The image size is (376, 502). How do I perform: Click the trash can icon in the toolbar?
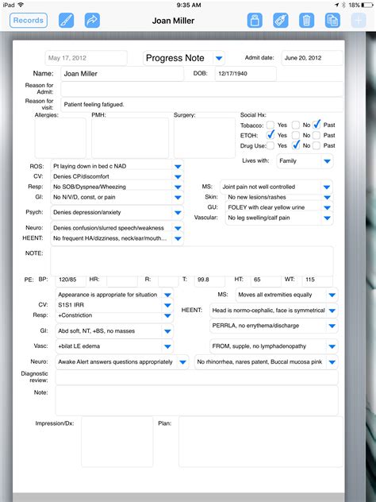coord(305,21)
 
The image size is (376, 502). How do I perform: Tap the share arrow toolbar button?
coord(93,21)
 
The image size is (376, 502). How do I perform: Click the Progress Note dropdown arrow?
coord(219,58)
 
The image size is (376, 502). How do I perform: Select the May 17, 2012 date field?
coord(86,58)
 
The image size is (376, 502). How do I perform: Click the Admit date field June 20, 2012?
coord(313,58)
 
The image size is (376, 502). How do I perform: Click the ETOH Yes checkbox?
coord(270,135)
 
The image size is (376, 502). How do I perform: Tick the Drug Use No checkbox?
coord(295,145)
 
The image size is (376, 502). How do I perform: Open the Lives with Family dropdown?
coord(305,161)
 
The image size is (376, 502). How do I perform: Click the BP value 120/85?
coord(69,280)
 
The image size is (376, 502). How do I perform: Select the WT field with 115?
coord(317,280)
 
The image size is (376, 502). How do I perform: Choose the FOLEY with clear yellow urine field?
coord(270,207)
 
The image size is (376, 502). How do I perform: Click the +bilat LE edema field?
coord(107,346)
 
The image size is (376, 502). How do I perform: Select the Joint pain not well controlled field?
coord(270,187)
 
